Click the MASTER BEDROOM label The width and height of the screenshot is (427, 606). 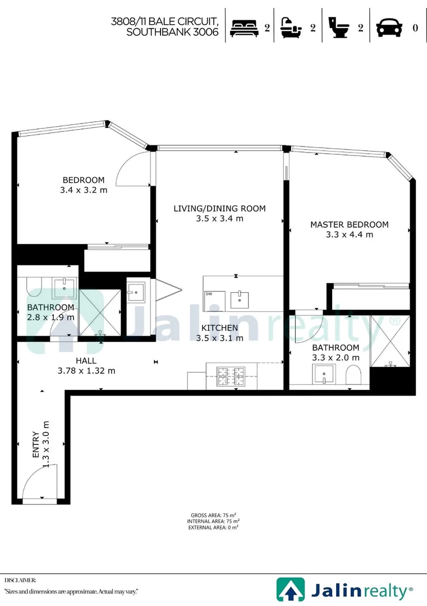click(x=349, y=224)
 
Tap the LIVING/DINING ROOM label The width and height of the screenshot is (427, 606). click(x=219, y=208)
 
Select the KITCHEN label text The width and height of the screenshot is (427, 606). click(x=219, y=328)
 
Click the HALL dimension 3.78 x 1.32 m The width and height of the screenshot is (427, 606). click(x=86, y=370)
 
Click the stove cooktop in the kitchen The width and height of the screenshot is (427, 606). click(x=232, y=374)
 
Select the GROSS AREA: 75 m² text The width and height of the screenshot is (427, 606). click(x=213, y=515)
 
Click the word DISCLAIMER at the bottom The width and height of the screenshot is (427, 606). click(x=21, y=580)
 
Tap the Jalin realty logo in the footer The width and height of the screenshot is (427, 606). click(x=345, y=590)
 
